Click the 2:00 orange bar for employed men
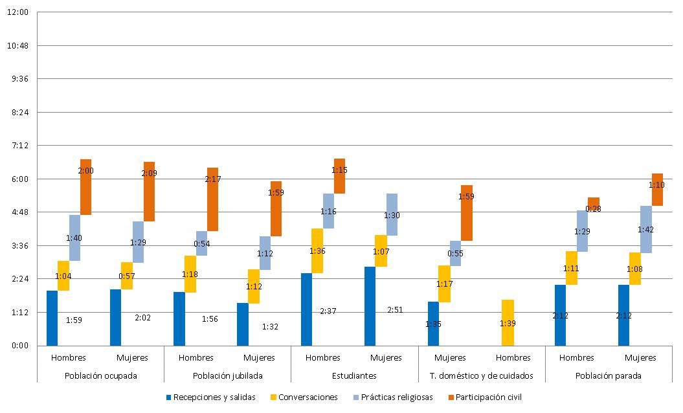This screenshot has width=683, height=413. point(85,187)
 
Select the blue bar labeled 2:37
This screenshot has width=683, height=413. point(306,309)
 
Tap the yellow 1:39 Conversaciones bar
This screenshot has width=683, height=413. point(508,322)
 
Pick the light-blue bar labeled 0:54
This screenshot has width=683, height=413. point(201,243)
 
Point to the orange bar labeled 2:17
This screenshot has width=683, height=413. point(212,199)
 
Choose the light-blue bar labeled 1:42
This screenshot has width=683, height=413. point(645,229)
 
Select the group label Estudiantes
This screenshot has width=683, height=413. point(354,375)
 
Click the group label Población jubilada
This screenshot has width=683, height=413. point(227,375)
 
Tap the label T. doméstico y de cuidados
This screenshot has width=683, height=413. point(482,375)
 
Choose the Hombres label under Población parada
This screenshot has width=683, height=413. point(576,357)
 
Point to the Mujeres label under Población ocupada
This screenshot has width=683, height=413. point(132,357)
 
